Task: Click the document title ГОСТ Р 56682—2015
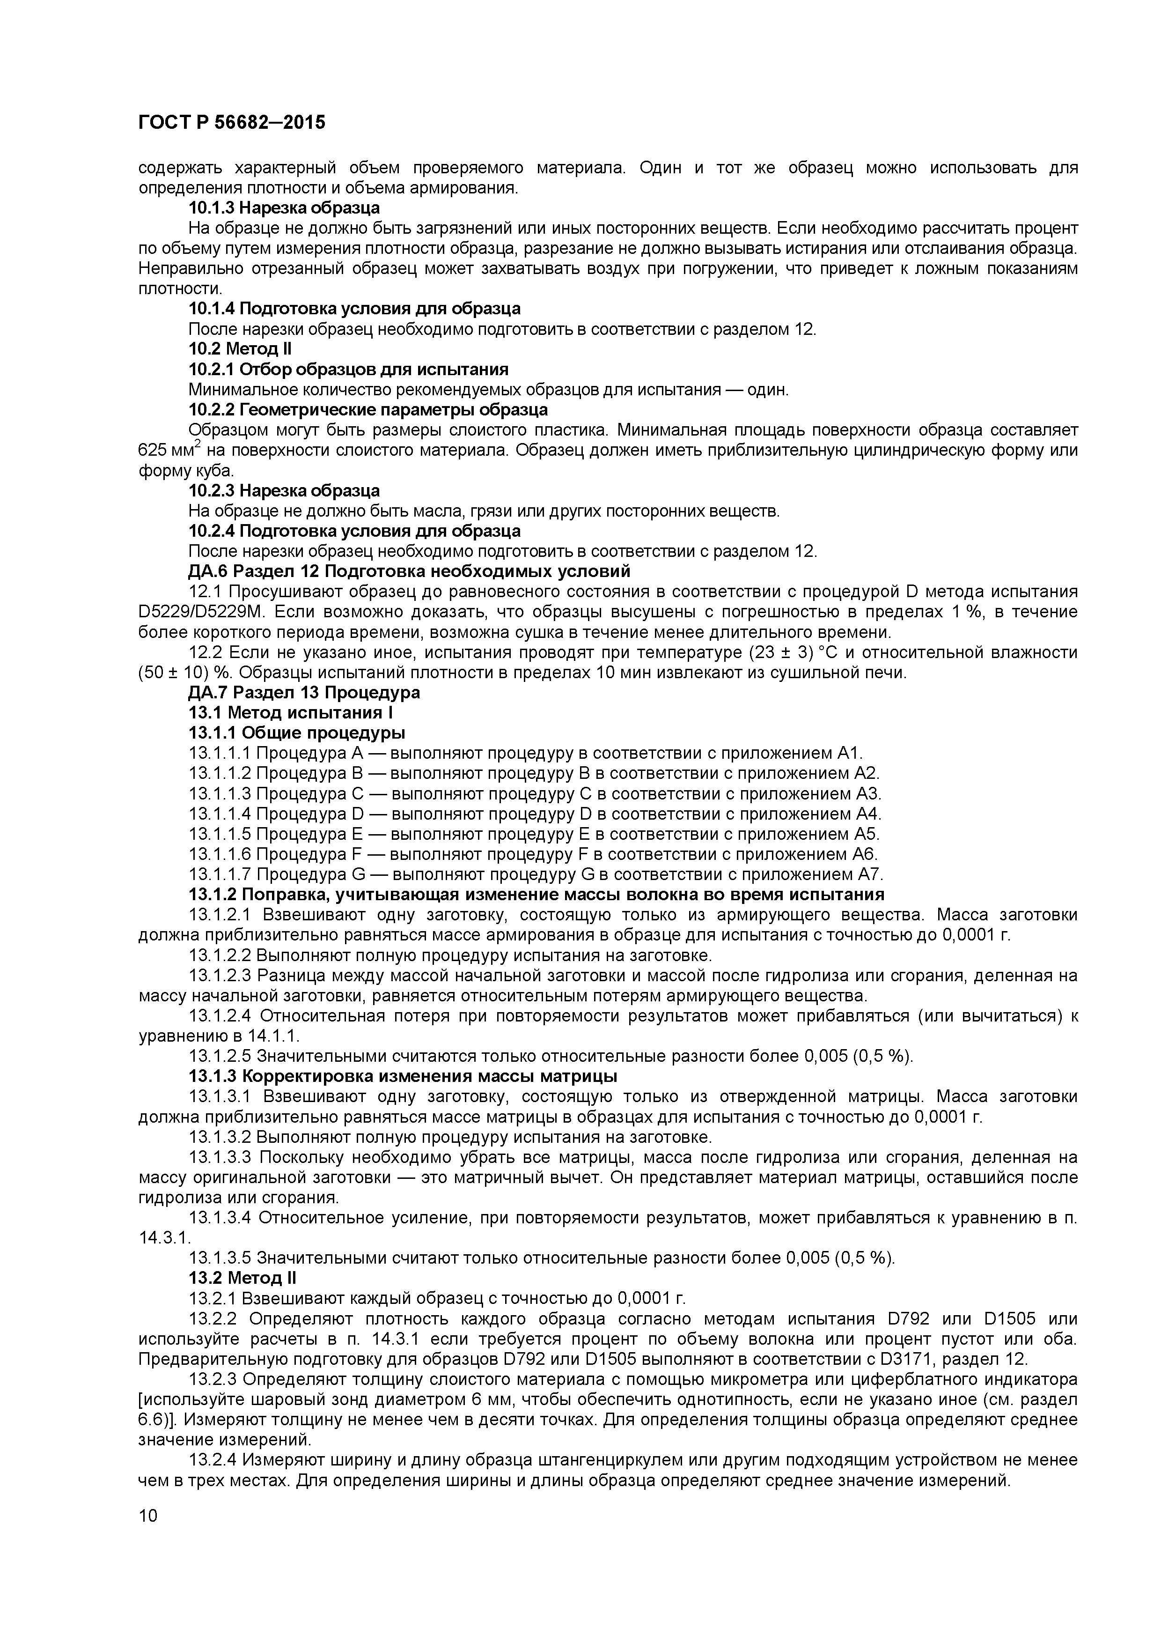[x=231, y=123]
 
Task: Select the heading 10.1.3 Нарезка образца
[x=284, y=207]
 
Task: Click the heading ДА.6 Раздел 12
[x=409, y=571]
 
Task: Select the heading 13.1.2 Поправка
[x=536, y=895]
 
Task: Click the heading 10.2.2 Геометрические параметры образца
[x=368, y=409]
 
